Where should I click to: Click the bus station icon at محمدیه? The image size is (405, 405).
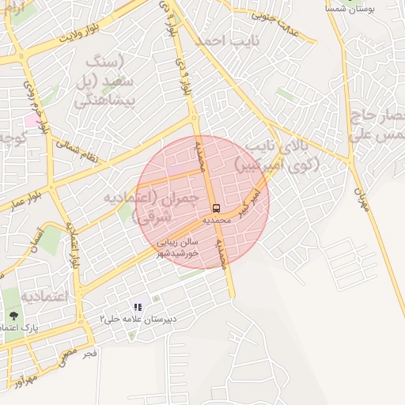point(217,208)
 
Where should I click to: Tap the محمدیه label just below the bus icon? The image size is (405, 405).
point(217,220)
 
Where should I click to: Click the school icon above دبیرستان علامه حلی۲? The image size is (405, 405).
point(138,307)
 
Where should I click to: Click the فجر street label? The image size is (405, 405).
point(90,354)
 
